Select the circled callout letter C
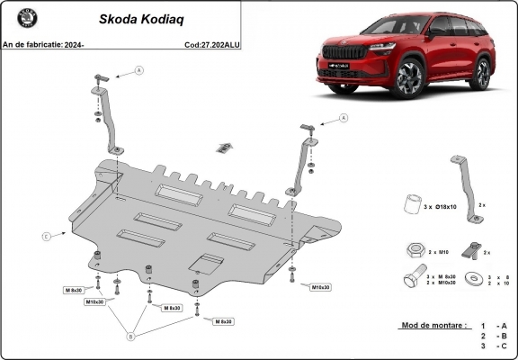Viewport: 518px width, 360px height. pos(45,237)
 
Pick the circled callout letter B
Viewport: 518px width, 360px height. pos(130,337)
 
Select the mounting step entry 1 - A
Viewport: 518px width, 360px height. pos(494,325)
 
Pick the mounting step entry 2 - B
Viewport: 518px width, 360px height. pos(494,336)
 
